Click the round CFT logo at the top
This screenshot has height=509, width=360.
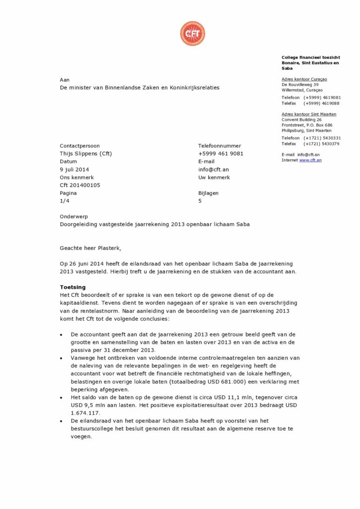pos(192,34)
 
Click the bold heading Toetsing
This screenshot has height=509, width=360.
pos(73,287)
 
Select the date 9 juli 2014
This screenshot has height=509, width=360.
pos(75,170)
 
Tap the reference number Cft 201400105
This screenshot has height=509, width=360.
pos(80,185)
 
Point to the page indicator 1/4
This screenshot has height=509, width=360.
pos(64,201)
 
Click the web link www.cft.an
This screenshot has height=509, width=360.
pos(310,160)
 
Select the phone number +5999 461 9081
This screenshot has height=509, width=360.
pos(221,154)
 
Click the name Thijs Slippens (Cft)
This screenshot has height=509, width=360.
pos(86,154)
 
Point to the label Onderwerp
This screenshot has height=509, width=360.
pos(73,216)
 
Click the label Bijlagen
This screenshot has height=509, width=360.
pos(208,193)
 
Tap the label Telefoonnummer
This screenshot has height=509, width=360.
pos(219,146)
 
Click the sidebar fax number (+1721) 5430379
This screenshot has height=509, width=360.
pos(322,144)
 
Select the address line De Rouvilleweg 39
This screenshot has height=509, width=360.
pos(300,85)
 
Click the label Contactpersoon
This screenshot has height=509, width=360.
pos(80,146)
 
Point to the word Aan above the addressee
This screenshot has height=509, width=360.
pos(65,80)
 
